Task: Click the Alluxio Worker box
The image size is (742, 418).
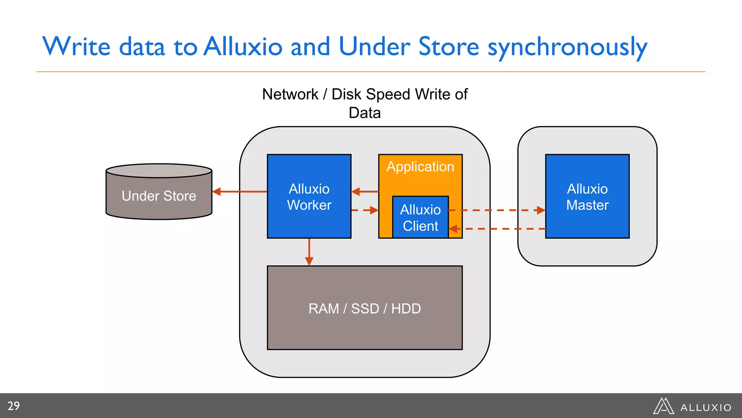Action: [309, 197]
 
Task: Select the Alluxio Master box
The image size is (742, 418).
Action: [587, 197]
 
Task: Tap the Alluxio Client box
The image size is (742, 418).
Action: [420, 218]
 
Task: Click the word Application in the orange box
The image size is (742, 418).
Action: [420, 167]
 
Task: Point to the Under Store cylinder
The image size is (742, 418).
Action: [159, 196]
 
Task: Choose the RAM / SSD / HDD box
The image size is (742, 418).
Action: [364, 308]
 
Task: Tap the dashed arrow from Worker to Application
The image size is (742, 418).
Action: [364, 210]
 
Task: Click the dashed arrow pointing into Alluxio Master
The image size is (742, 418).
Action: [496, 210]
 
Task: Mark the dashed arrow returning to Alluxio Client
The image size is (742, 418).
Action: [496, 229]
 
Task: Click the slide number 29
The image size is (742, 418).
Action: [14, 406]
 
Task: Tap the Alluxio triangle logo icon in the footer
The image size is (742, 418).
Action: [663, 406]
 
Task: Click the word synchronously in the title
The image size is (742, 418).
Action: [567, 47]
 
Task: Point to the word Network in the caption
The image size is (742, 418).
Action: [290, 94]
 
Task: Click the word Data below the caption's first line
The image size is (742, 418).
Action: [364, 113]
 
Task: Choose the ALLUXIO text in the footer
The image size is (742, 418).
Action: [705, 408]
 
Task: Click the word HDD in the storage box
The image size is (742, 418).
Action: [406, 309]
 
